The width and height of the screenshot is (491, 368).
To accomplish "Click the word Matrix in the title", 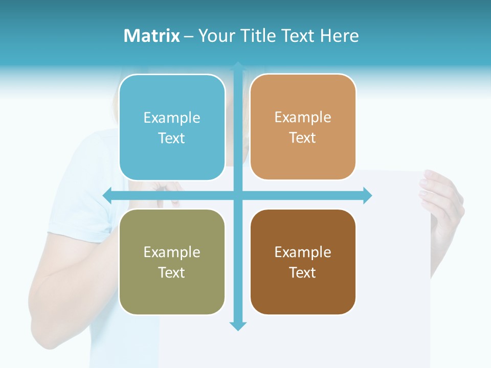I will tap(151, 36).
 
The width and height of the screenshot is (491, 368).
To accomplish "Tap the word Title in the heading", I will tap(254, 36).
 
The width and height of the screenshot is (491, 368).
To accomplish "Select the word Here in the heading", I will tap(339, 36).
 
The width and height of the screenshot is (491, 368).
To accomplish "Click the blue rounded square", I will tap(172, 127).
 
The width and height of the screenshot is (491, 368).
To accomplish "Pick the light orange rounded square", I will tap(303, 127).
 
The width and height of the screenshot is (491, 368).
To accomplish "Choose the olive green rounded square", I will tap(172, 262).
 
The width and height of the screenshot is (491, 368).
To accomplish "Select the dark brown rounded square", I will tap(303, 262).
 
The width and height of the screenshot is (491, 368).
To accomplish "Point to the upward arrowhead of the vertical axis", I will tap(238, 66).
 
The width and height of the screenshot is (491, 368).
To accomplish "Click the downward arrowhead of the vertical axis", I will tap(238, 326).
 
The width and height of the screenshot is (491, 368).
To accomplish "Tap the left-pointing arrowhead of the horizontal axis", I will tap(108, 195).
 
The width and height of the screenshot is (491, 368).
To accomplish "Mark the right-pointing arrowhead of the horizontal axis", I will tap(367, 195).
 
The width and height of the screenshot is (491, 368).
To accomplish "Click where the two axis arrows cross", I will tap(238, 195).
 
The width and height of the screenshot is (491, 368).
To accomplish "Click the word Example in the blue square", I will tap(172, 118).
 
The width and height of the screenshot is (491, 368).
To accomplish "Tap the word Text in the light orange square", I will tap(303, 138).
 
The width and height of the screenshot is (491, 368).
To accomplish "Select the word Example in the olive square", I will tap(172, 252).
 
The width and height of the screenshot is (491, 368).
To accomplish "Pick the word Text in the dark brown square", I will tap(303, 272).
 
